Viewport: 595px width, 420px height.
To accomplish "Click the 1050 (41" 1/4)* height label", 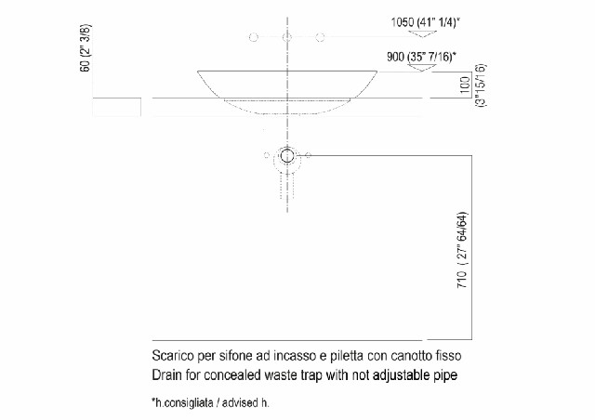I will point(427,20).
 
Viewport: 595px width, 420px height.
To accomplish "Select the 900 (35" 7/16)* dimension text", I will point(427,56).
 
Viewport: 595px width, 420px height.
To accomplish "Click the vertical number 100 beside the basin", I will point(465,86).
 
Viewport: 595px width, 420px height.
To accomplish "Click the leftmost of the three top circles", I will point(252,37).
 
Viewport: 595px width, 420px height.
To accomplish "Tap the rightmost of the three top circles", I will point(320,37).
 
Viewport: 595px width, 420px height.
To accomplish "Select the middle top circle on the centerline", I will point(287,37).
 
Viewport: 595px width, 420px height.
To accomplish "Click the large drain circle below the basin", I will point(287,156).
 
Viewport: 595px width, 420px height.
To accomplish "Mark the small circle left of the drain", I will point(266,153).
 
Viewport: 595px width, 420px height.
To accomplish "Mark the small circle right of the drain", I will point(310,153).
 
